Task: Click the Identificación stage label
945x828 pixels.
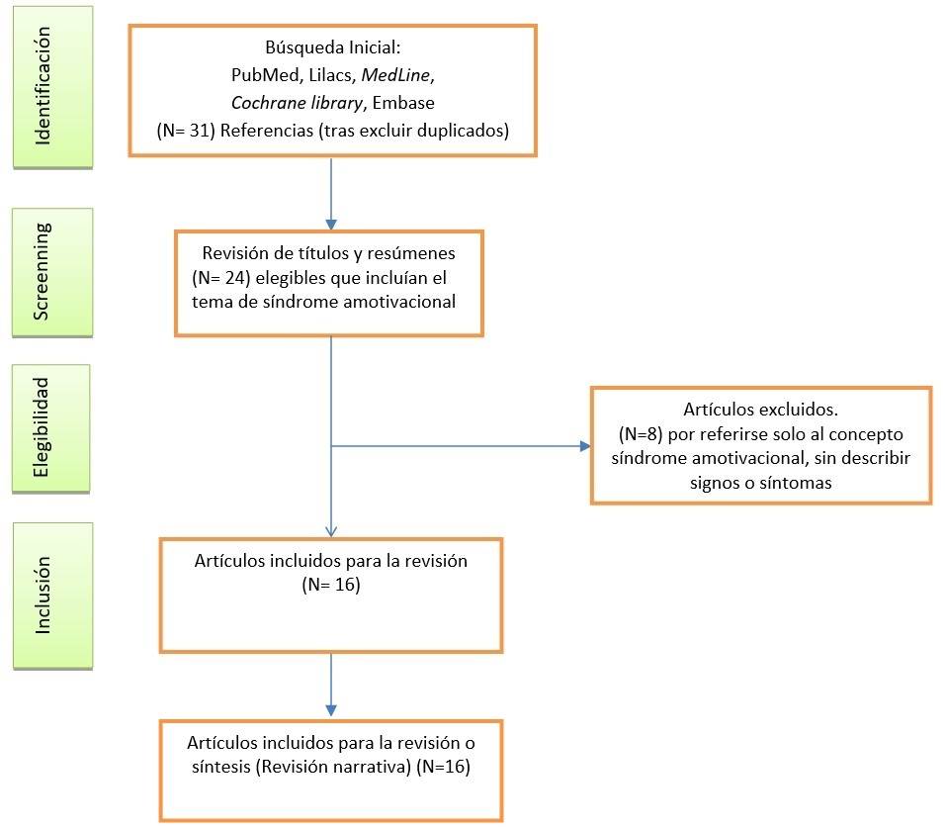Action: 42,87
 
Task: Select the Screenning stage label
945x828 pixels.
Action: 42,271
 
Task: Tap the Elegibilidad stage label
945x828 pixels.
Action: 42,428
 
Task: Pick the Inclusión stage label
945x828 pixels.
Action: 42,596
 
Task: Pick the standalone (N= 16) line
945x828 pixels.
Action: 330,585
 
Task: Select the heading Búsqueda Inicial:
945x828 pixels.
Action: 331,47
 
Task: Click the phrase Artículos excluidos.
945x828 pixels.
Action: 759,409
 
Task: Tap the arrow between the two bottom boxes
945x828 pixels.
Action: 331,685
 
